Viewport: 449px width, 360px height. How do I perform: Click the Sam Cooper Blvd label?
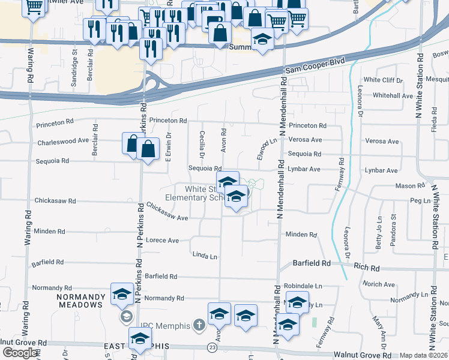point(309,70)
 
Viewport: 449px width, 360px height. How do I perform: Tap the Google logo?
point(20,353)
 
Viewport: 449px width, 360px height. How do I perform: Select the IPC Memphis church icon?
point(200,326)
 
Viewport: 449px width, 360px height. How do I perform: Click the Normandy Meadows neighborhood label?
point(80,301)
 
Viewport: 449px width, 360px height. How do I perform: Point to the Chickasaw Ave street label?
point(167,213)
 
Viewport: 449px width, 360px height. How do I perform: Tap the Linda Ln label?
point(205,256)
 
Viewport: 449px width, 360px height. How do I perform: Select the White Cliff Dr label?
point(383,80)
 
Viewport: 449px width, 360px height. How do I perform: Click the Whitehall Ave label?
point(393,95)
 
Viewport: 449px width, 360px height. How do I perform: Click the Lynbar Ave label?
point(304,170)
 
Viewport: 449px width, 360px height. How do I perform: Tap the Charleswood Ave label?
point(63,142)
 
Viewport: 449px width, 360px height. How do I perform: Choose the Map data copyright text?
point(424,355)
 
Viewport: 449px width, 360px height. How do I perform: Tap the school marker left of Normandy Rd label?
point(122,295)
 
